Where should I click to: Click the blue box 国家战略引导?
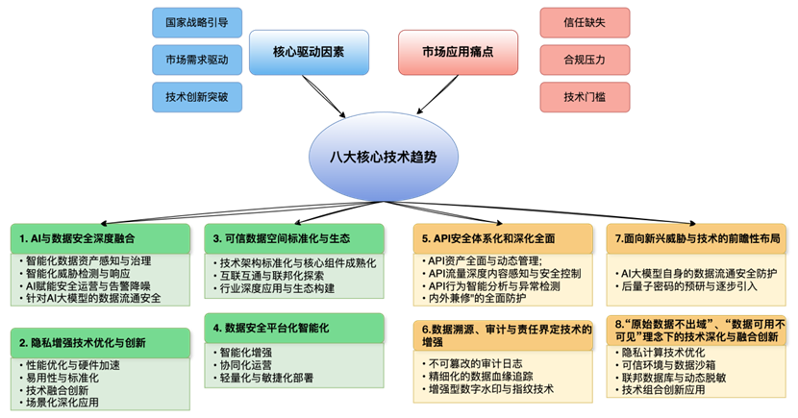(x=197, y=22)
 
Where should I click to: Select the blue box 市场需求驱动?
(x=197, y=60)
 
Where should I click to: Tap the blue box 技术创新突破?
(x=197, y=97)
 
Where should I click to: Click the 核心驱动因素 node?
(x=309, y=52)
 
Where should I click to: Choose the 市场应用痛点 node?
(x=458, y=52)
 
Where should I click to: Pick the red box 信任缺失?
(x=585, y=22)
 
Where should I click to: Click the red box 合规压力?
(x=585, y=60)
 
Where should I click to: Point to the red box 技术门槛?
(x=585, y=97)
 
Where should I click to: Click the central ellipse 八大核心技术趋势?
(x=384, y=158)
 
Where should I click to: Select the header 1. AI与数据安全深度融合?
(x=100, y=238)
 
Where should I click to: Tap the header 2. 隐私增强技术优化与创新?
(x=100, y=343)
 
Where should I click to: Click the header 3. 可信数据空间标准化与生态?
(x=294, y=238)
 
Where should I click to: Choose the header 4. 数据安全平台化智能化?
(x=294, y=328)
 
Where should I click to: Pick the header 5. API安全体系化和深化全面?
(x=503, y=238)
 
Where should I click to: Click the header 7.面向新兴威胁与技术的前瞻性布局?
(x=697, y=238)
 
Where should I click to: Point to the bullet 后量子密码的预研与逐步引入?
(x=686, y=286)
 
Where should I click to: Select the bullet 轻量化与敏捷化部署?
(x=263, y=378)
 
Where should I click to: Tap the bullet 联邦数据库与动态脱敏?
(x=671, y=378)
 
